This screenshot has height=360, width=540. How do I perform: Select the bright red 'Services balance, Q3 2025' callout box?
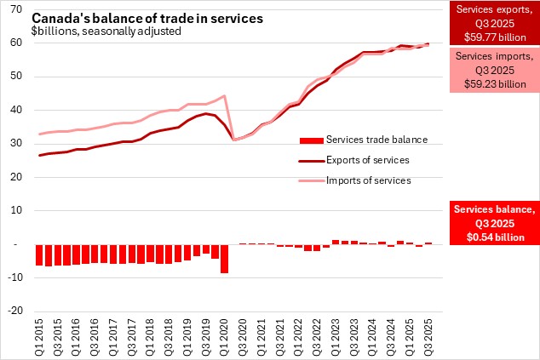click(x=494, y=223)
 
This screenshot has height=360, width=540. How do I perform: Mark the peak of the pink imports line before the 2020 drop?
click(x=224, y=96)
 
